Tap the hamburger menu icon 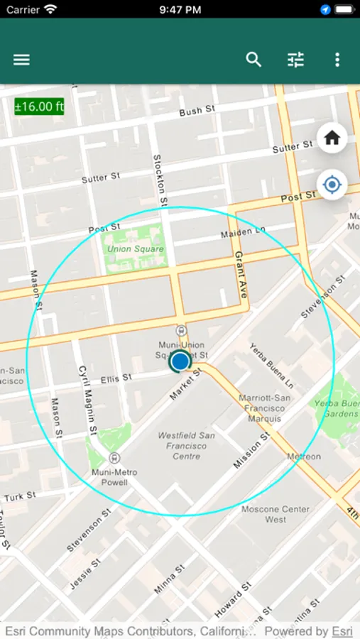tap(21, 60)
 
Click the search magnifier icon tap(253, 60)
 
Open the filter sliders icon tap(295, 60)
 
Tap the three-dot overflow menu tap(337, 60)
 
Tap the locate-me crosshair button tap(332, 185)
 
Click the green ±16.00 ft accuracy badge tap(39, 106)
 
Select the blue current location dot tap(180, 361)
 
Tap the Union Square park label tap(135, 249)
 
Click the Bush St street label tap(197, 111)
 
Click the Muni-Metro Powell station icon tap(114, 458)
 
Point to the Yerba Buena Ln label tap(271, 365)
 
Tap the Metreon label tap(304, 457)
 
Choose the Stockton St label tap(160, 180)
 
